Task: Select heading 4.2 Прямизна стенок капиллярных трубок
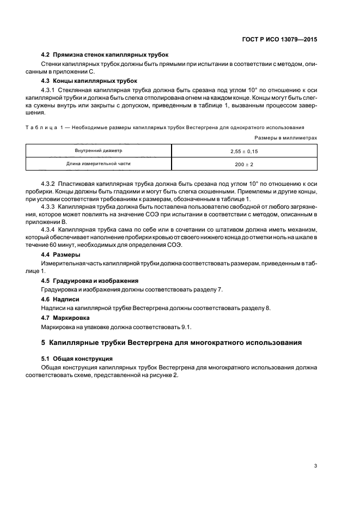tap(105, 55)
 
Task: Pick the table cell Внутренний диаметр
tap(99, 150)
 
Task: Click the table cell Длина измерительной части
tap(99, 163)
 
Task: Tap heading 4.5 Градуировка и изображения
tap(90, 280)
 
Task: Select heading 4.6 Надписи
tap(60, 299)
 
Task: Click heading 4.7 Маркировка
tap(66, 317)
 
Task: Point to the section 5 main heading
tap(170, 343)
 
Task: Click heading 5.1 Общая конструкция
tap(77, 359)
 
